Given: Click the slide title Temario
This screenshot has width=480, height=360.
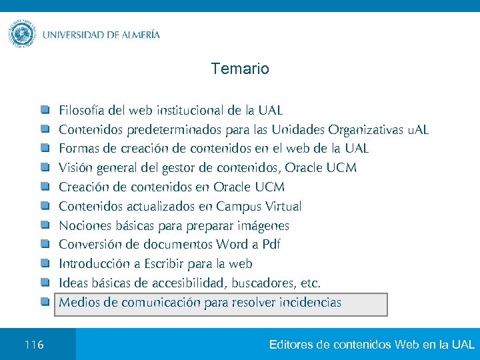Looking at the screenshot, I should click(x=240, y=69).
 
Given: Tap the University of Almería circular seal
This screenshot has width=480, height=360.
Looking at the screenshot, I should click(x=22, y=33).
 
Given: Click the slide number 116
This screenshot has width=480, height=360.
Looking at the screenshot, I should click(x=33, y=345).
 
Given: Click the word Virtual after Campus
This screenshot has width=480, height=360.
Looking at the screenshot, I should click(x=283, y=206).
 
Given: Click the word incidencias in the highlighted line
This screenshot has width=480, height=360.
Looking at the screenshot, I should click(x=309, y=303).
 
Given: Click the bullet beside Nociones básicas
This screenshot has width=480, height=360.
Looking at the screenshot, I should click(x=45, y=225).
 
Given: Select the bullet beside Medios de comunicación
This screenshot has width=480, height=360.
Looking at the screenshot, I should click(x=45, y=303).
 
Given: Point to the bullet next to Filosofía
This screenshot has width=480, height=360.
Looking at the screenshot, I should click(x=45, y=109).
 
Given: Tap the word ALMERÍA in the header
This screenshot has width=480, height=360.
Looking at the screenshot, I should click(x=136, y=35).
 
